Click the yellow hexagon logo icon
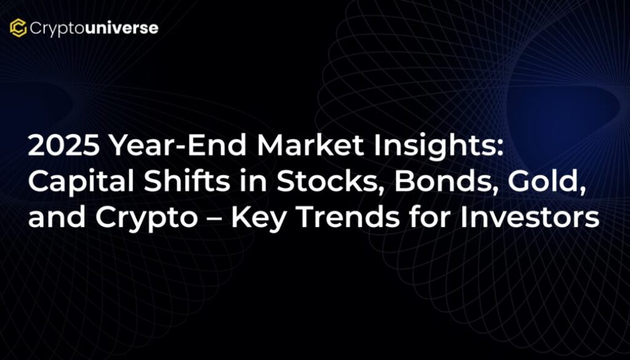pyautogui.click(x=18, y=28)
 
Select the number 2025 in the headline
pyautogui.click(x=64, y=145)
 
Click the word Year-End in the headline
pyautogui.click(x=178, y=145)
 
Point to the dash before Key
pyautogui.click(x=215, y=219)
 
